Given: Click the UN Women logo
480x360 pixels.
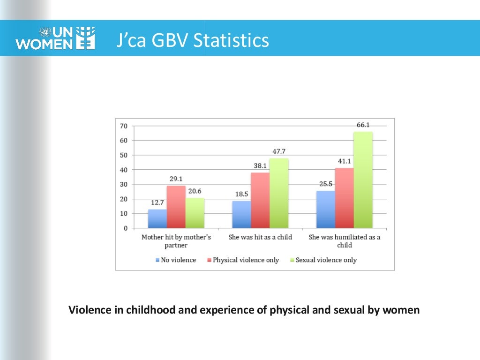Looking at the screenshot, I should point(55,38).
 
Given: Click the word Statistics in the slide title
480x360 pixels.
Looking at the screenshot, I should point(231,40).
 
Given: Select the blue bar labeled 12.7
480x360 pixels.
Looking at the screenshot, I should point(157,218).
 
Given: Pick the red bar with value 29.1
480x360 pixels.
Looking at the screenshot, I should point(176,207).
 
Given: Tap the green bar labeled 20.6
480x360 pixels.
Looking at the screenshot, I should point(195,213).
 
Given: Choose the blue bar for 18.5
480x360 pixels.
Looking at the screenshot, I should point(241,214).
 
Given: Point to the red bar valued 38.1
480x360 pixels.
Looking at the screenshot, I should point(260,200).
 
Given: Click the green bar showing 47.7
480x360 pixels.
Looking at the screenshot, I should point(279,193).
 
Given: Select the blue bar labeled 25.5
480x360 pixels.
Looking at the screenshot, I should point(326,209).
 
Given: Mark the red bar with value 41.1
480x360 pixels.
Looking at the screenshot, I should point(344,198).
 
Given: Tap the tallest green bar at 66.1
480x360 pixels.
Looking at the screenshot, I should point(363,180).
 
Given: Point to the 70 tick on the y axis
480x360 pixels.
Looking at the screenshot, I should point(124,126).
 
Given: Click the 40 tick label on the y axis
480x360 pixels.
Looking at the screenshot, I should point(124,170).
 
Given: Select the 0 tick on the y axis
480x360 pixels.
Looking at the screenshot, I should point(125,228).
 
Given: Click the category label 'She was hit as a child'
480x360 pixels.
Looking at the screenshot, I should point(260,237).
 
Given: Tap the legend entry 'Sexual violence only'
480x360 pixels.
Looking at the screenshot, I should point(326,260).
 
